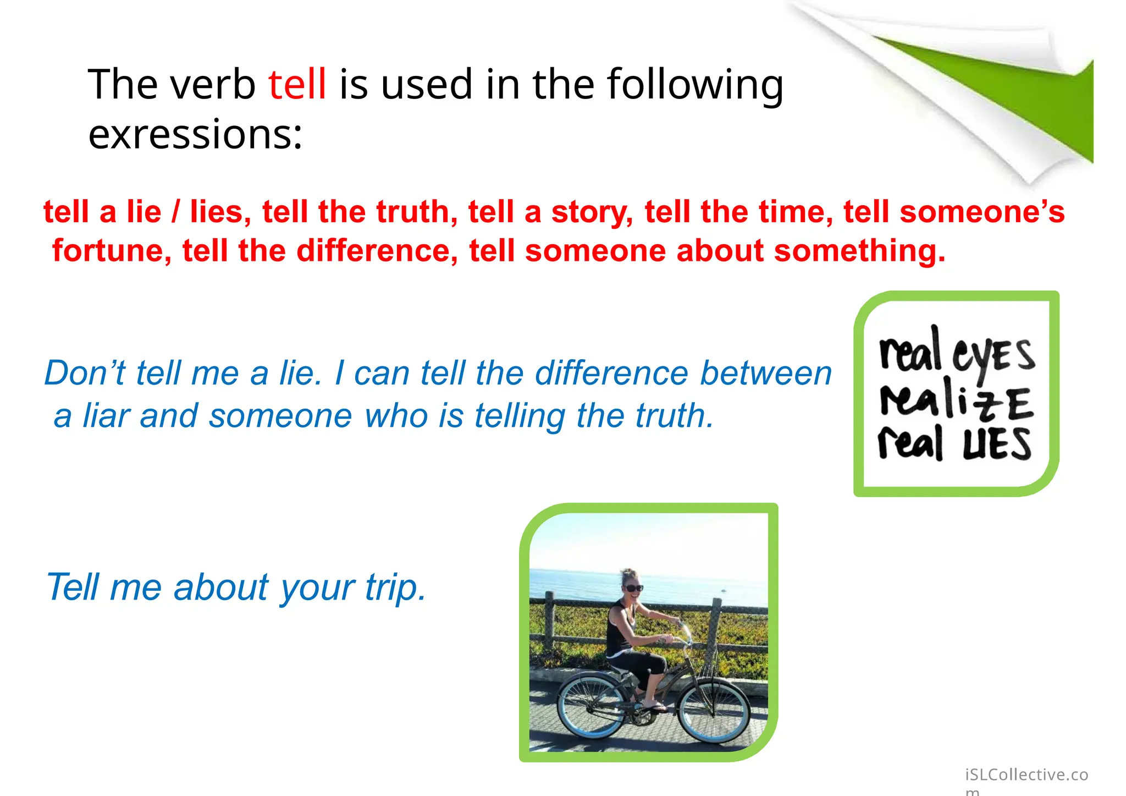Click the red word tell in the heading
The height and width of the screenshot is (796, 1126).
pyautogui.click(x=297, y=84)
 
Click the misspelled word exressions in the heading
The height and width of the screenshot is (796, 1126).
pyautogui.click(x=195, y=135)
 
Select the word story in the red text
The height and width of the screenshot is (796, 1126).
pyautogui.click(x=592, y=213)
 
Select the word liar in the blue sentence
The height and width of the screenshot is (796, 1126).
pyautogui.click(x=106, y=415)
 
